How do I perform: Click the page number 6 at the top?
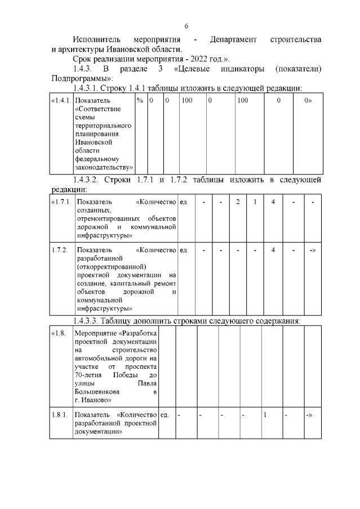[185, 26]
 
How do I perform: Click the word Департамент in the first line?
[233, 39]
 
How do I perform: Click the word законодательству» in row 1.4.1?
[104, 167]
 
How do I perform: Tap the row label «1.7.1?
[61, 202]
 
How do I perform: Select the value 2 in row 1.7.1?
[238, 202]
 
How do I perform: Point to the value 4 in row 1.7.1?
[273, 202]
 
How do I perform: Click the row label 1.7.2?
[60, 249]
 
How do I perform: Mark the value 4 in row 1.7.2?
[273, 249]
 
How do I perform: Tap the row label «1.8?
[59, 333]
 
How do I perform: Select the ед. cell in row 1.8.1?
[165, 415]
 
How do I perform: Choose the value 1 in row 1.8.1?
[264, 415]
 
